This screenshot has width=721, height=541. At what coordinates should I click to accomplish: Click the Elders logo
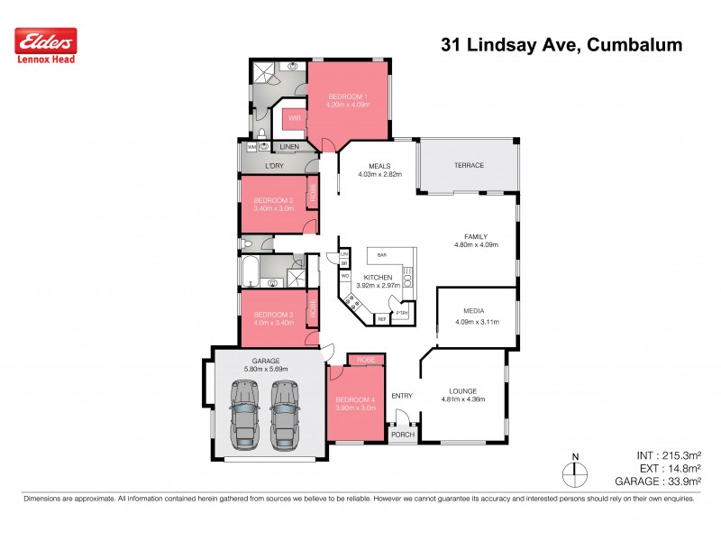point(46,40)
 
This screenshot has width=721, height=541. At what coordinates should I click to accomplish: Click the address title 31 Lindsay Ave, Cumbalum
point(561,44)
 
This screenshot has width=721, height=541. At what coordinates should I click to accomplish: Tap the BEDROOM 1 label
point(347,96)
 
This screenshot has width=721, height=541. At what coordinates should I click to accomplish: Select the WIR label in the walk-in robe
point(294,118)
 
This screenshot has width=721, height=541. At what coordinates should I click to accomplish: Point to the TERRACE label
point(468,165)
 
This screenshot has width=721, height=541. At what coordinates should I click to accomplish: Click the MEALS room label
point(378,165)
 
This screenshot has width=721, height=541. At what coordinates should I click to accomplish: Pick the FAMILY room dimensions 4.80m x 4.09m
point(475,244)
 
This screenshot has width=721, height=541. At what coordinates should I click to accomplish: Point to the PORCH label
point(402,434)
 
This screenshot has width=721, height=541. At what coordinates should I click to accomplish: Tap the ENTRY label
point(401,396)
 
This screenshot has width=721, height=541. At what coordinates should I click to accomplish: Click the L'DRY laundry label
point(275,166)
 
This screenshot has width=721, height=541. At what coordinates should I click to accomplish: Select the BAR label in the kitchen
point(370,256)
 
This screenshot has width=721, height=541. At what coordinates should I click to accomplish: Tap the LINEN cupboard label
point(288,146)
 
